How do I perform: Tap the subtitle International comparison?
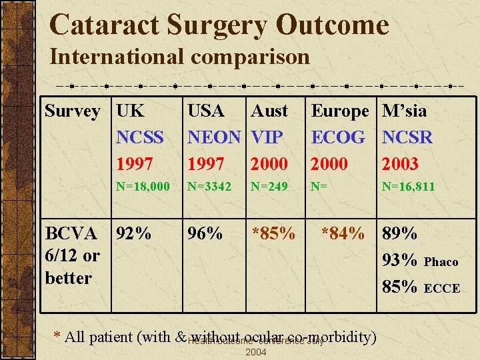pos(179,57)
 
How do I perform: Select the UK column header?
pos(130,111)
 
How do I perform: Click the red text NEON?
pos(214,137)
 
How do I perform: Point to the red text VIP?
pos(267,137)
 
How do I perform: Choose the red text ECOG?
pos(339,137)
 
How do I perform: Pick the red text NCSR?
pos(407,137)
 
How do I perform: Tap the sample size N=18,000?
pos(143,187)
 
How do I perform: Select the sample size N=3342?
pos(209,187)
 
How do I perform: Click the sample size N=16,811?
pos(408,187)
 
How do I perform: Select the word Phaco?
pos(441,262)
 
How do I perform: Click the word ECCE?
pos(442,289)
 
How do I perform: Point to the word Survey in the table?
pos(73,111)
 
